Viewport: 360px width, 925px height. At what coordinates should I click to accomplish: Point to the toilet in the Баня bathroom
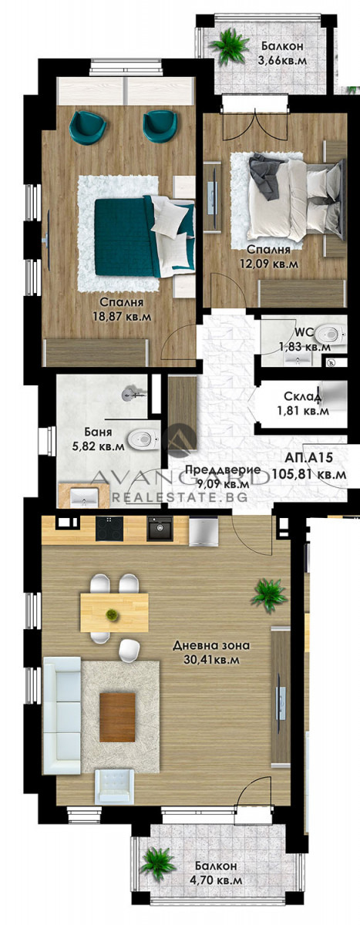tap(142, 439)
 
